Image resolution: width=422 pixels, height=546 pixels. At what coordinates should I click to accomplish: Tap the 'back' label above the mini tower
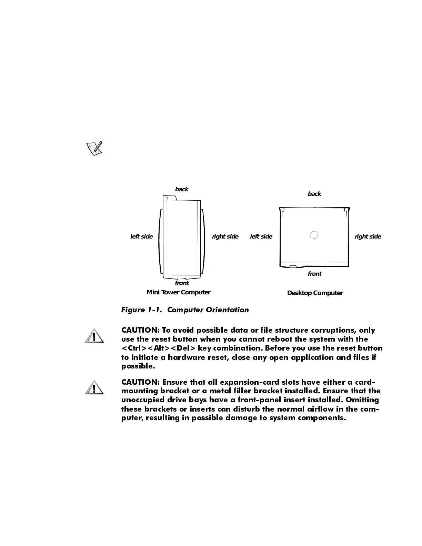(x=182, y=189)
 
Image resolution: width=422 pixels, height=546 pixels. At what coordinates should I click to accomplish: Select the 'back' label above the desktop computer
(x=314, y=194)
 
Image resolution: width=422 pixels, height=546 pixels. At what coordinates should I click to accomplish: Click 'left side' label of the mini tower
(x=141, y=236)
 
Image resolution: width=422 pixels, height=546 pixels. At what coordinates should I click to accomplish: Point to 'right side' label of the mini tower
(x=225, y=236)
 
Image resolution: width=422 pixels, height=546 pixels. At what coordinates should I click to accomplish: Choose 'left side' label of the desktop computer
(x=261, y=236)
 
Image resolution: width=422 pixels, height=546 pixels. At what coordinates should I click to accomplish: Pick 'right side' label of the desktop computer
(x=368, y=236)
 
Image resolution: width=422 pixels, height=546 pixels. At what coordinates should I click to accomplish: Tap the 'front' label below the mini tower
(x=182, y=283)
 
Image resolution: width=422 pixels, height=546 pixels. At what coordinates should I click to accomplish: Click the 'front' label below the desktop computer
(x=314, y=274)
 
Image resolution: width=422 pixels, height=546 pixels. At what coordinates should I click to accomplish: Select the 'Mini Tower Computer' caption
(x=179, y=292)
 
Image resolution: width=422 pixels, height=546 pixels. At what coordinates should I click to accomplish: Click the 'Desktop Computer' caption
(x=315, y=293)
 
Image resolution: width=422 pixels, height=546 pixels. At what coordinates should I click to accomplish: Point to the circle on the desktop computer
(x=314, y=235)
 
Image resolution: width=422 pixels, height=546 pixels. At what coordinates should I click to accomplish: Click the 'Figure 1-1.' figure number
(x=142, y=310)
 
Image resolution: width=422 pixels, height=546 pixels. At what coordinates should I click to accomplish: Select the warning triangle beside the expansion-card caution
(x=94, y=387)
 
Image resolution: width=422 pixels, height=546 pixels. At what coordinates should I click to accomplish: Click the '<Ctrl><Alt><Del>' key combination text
(x=158, y=348)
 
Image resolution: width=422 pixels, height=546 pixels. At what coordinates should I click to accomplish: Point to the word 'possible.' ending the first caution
(x=138, y=366)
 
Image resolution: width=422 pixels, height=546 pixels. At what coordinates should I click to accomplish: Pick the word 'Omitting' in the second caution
(x=362, y=400)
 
